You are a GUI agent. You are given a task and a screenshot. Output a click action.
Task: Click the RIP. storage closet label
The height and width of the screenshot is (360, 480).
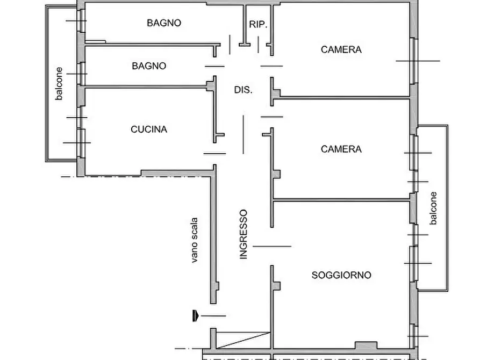258,25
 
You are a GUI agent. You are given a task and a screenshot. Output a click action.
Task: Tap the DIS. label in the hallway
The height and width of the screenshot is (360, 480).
243,90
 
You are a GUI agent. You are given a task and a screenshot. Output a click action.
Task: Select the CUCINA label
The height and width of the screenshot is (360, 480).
149,129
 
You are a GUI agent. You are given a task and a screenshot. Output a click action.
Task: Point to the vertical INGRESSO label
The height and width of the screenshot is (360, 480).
243,234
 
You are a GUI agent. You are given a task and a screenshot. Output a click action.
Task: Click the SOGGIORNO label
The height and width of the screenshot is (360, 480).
341,275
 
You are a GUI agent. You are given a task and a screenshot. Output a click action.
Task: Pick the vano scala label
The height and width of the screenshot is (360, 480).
194,240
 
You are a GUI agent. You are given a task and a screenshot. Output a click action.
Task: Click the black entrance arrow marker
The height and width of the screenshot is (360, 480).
195,315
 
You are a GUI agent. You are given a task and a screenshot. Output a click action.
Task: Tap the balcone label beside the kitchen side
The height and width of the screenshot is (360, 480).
59,84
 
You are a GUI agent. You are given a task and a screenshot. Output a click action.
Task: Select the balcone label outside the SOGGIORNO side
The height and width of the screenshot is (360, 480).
433,208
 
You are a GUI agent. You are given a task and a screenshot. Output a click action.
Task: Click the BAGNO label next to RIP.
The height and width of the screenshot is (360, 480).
164,23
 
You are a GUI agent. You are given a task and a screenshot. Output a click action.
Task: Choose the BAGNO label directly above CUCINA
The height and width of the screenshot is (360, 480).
149,66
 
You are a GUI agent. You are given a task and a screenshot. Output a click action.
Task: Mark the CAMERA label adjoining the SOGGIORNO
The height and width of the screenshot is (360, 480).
341,149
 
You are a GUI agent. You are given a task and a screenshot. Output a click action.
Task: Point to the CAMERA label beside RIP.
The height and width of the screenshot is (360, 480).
341,49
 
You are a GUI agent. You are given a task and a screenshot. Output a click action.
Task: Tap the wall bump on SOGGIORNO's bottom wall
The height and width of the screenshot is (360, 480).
366,345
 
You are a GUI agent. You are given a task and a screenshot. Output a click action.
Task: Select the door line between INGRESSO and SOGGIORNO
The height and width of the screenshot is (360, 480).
272,247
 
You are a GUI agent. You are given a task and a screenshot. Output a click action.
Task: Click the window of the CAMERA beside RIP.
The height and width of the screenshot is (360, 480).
413,61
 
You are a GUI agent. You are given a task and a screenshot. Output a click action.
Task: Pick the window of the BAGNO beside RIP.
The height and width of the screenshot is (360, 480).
82,21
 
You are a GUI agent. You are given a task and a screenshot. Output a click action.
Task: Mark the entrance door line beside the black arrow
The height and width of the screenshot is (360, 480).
213,315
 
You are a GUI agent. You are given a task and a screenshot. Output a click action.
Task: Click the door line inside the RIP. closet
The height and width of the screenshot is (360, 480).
259,45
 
